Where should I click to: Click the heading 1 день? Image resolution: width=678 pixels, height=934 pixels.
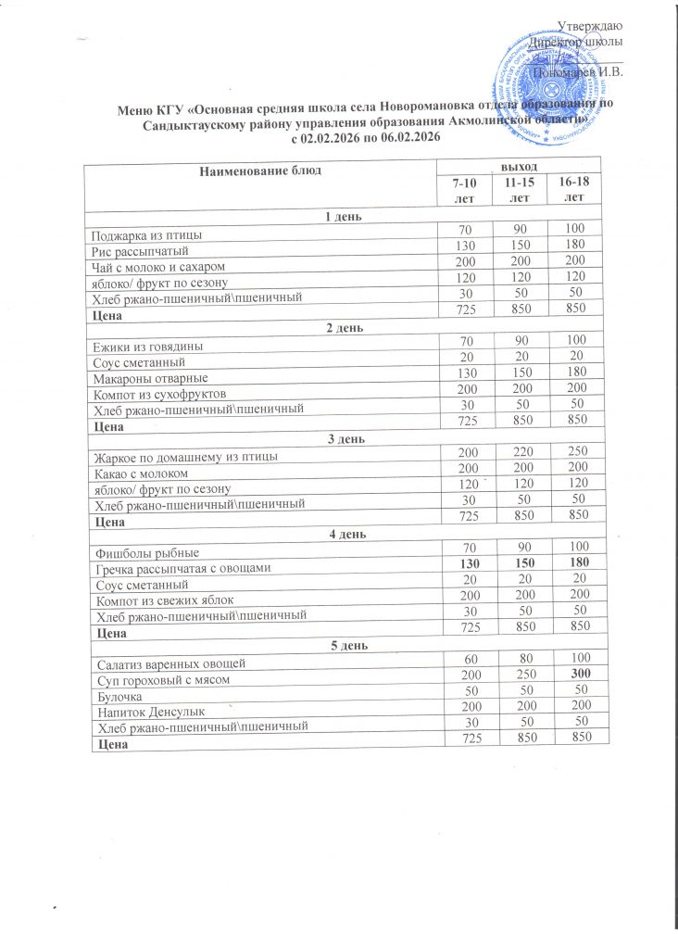[x=342, y=218]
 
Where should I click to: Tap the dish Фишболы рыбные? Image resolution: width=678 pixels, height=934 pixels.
[x=140, y=553]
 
